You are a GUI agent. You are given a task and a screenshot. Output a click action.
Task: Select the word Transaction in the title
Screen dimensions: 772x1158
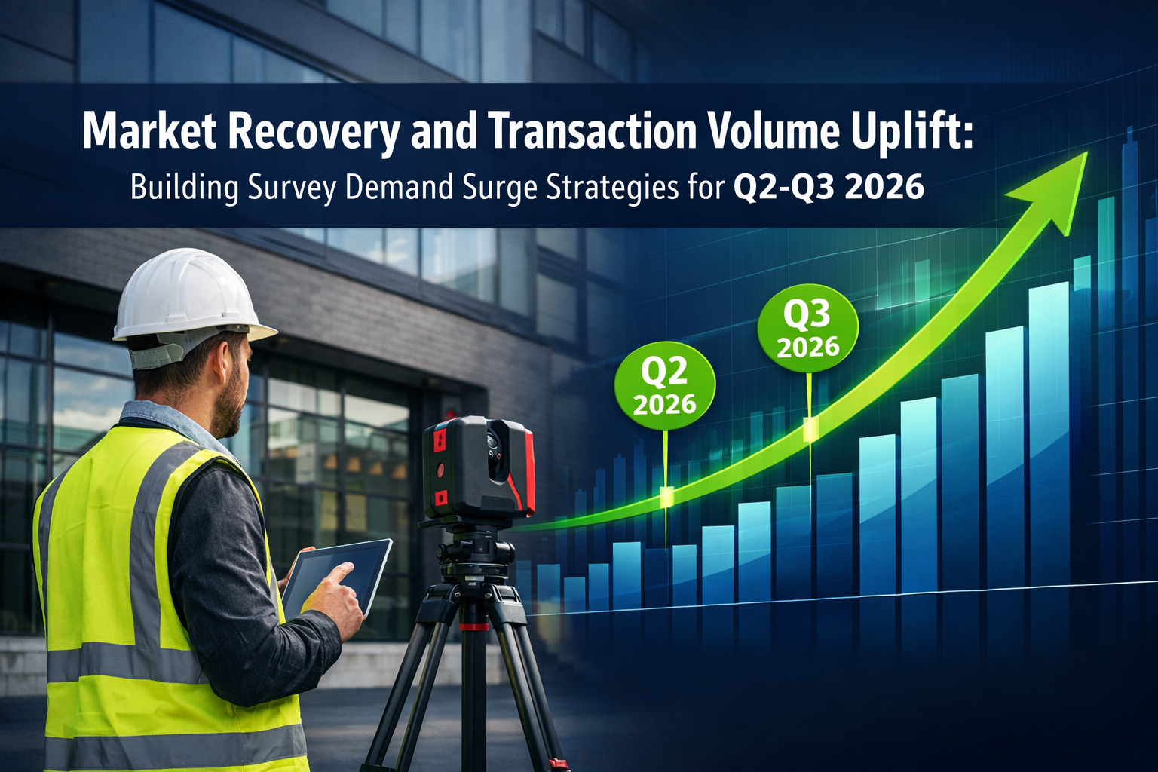click(x=592, y=132)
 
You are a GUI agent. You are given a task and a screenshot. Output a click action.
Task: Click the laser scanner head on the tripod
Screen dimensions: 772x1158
click(x=478, y=467)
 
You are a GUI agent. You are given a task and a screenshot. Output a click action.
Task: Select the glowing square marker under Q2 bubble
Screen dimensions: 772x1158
click(x=666, y=496)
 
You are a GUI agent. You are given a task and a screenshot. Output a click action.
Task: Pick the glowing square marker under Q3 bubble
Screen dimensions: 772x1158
click(x=810, y=429)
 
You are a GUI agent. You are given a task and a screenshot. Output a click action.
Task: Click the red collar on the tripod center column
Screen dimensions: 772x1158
click(x=473, y=626)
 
